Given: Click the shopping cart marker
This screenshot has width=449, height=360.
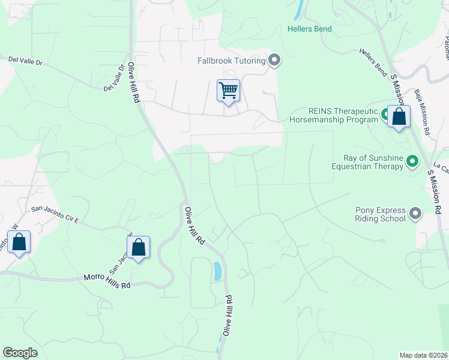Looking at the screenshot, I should coord(228,91).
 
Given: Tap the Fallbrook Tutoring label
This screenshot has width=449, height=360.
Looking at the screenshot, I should coord(232,61).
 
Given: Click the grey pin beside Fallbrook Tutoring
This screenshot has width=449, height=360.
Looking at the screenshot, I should coord(275,60).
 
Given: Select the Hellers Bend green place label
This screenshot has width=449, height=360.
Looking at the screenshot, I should coord(309,29).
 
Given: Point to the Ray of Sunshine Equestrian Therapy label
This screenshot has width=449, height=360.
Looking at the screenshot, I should coord(373,162).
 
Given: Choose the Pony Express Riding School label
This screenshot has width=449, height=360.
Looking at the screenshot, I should coord(381,214).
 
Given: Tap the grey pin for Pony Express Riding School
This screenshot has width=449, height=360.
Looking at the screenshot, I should coord(415,213).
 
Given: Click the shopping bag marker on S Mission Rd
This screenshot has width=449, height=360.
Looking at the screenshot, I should coord(399,117).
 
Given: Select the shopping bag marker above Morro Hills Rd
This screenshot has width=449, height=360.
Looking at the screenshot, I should coord(138,247).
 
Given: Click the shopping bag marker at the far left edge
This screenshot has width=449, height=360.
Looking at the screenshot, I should coord(19,243).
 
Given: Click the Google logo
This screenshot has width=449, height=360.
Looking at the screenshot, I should coord(20,353).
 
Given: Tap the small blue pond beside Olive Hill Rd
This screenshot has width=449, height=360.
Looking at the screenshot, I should coord(217,271).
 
